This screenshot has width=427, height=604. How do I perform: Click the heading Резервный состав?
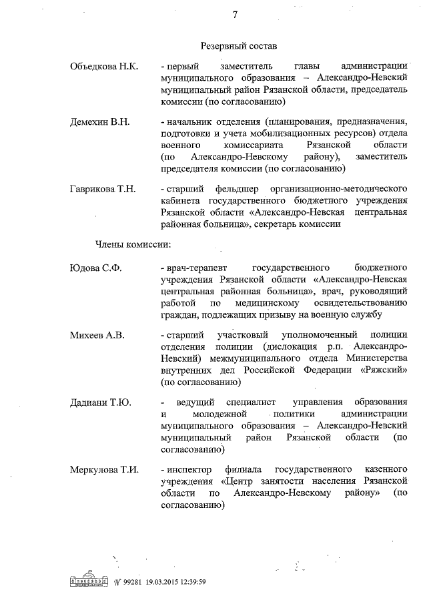pyautogui.click(x=238, y=46)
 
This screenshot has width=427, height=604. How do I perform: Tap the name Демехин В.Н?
pyautogui.click(x=101, y=122)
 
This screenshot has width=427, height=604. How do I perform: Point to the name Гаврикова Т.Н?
pyautogui.click(x=103, y=189)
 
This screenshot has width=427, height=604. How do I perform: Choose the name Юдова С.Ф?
pyautogui.click(x=96, y=269)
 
